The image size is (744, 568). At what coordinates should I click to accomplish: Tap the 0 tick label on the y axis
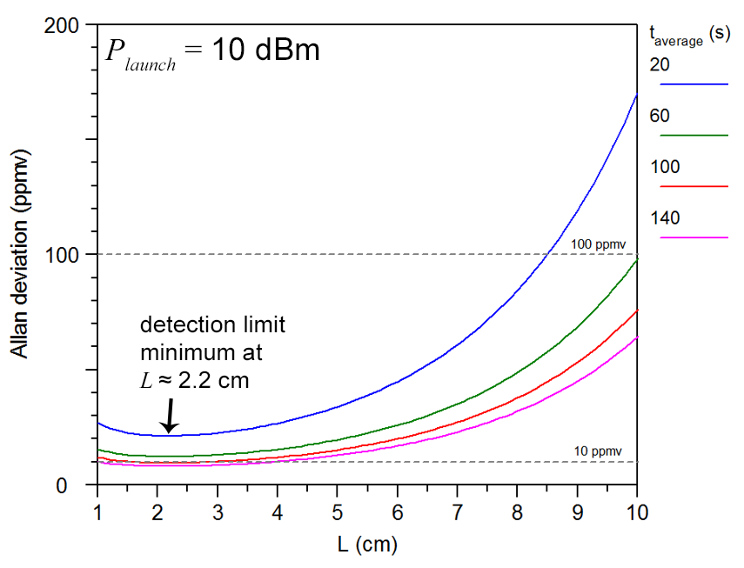coord(77,484)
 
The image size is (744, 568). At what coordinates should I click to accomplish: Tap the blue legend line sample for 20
coord(694,84)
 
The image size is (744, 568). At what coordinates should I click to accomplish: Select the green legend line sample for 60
coord(694,136)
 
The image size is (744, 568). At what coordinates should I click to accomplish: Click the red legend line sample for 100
coord(694,186)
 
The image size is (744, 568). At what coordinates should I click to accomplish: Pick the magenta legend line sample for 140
coord(694,237)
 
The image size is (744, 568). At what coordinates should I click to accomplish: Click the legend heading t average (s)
coord(689,37)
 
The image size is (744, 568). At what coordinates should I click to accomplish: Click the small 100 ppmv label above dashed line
coord(599,244)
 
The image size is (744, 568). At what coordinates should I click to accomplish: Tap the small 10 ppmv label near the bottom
coord(599,451)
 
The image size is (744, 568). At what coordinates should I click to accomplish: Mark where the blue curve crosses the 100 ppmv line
coord(546,254)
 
